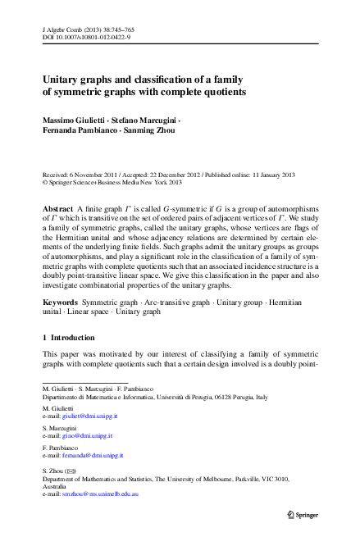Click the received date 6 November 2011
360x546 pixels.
(x=98, y=175)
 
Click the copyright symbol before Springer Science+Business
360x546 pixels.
(x=45, y=183)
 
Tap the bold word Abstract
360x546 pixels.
(x=57, y=210)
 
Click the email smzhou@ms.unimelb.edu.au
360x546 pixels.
(x=102, y=495)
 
